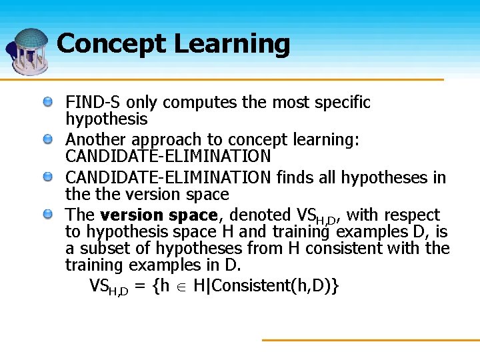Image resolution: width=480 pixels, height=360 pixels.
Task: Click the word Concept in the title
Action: pyautogui.click(x=111, y=44)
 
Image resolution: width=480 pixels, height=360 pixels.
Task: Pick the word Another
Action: pyautogui.click(x=96, y=140)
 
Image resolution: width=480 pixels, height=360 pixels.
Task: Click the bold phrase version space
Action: pyautogui.click(x=159, y=215)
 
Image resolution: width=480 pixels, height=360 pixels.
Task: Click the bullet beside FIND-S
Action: pyautogui.click(x=49, y=102)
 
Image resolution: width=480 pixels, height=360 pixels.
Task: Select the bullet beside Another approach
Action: pyautogui.click(x=49, y=139)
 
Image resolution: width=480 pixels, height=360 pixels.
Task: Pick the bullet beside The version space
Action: pyautogui.click(x=49, y=215)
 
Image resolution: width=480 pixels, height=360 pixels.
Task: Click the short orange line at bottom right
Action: pyautogui.click(x=370, y=340)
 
